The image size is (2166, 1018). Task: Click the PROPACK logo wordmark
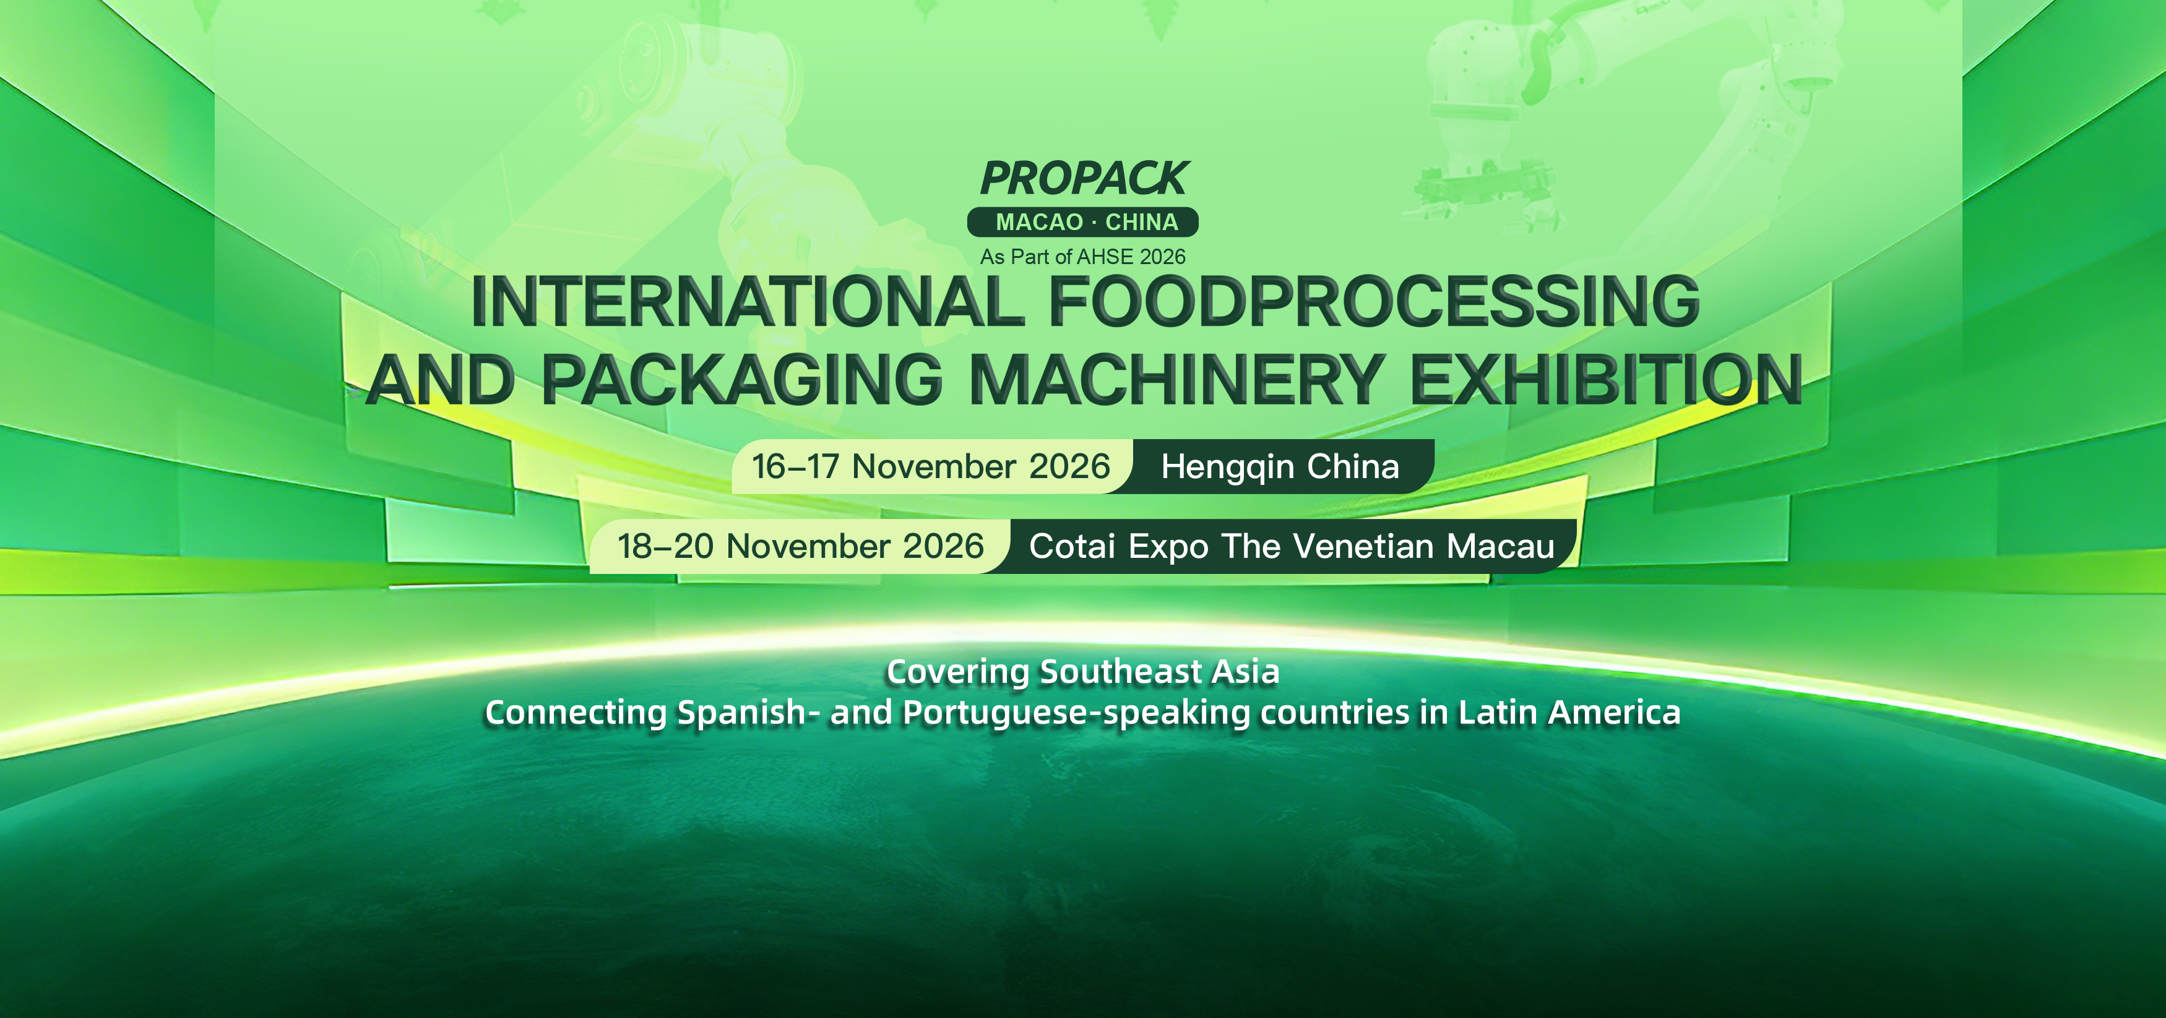pyautogui.click(x=1084, y=178)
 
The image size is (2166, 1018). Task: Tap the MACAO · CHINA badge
pyautogui.click(x=1083, y=222)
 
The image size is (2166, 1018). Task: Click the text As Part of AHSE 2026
pyautogui.click(x=1083, y=257)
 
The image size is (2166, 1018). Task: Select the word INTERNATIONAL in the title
pyautogui.click(x=747, y=301)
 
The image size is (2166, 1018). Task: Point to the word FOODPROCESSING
pyautogui.click(x=1374, y=301)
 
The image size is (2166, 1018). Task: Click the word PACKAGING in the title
pyautogui.click(x=741, y=379)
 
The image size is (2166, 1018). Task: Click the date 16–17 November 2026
pyautogui.click(x=931, y=466)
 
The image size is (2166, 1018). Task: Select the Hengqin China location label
pyautogui.click(x=1280, y=466)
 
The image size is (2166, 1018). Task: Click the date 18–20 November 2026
pyautogui.click(x=800, y=546)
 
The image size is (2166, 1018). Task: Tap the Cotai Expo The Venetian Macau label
pyautogui.click(x=1292, y=546)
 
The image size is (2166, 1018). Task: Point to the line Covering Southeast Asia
pyautogui.click(x=1083, y=672)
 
